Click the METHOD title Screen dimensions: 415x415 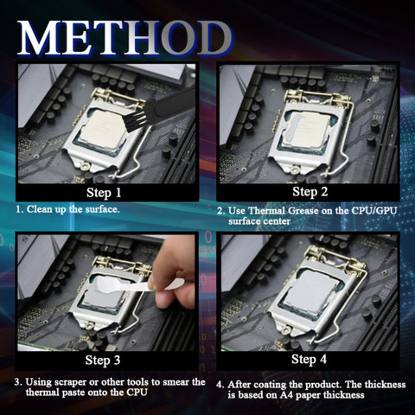(x=124, y=38)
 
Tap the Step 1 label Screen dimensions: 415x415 (x=104, y=193)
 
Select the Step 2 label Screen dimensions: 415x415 (x=310, y=192)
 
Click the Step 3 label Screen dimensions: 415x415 (x=103, y=360)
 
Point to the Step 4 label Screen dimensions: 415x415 (x=309, y=359)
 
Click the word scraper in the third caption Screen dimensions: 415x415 (x=70, y=382)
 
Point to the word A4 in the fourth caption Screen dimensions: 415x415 (x=286, y=394)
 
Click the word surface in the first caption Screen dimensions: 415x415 (x=102, y=209)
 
